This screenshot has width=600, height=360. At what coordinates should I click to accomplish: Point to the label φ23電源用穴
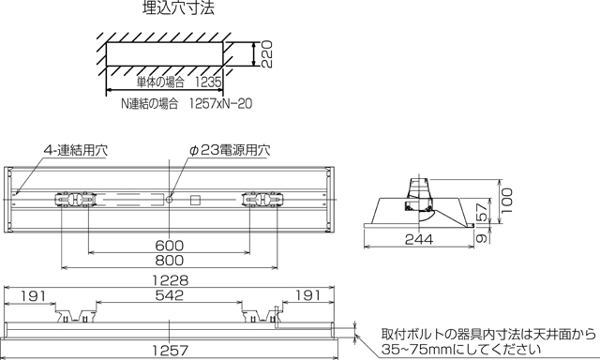pos(229,150)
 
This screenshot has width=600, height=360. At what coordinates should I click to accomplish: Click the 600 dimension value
pos(170,246)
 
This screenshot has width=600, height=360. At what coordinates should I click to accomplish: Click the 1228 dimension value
pos(172,280)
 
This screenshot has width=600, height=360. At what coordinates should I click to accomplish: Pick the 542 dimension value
pos(170,296)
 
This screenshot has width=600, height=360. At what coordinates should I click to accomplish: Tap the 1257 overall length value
pos(170,350)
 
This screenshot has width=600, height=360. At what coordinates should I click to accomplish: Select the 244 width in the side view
pos(416,239)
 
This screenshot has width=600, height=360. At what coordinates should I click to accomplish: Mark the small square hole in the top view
pos(195,199)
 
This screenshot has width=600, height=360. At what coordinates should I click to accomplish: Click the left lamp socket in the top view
pos(75,199)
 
